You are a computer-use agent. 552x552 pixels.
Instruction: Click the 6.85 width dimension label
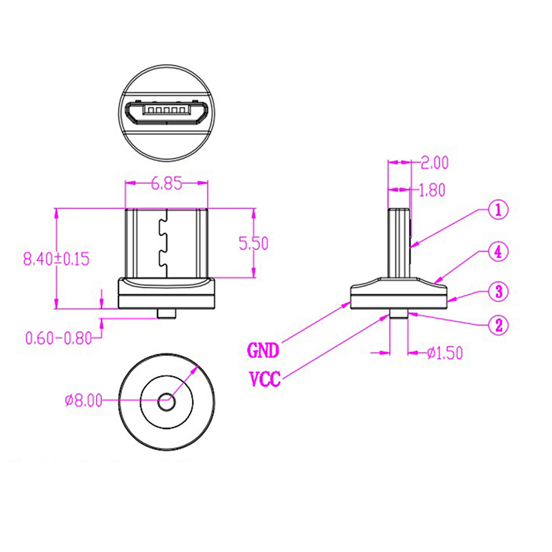(166, 184)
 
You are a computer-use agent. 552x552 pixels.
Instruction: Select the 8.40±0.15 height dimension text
(57, 259)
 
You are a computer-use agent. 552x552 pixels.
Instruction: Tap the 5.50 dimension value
(253, 243)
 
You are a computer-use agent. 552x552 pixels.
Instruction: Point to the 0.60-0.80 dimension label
(58, 338)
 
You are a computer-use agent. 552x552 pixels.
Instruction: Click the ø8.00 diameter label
(83, 400)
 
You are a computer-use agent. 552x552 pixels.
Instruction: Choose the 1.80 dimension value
(432, 190)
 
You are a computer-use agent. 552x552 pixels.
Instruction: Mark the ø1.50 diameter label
(443, 353)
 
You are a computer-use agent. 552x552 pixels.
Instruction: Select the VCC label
(264, 379)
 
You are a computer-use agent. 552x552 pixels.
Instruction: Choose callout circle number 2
(499, 324)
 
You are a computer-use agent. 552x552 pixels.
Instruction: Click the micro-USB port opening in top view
(166, 112)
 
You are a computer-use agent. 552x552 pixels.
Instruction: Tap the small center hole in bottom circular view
(166, 400)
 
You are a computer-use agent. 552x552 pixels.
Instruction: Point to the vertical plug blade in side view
(400, 241)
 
